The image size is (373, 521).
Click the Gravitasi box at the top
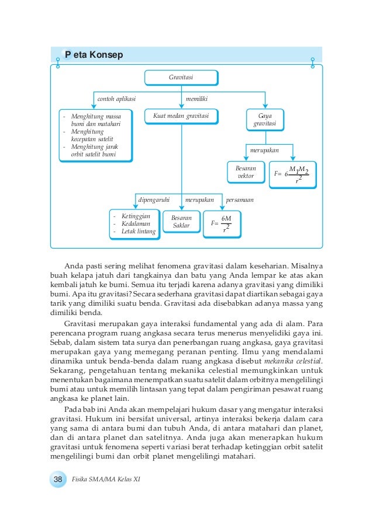coord(181,77)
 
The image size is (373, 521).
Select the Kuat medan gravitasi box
coord(181,116)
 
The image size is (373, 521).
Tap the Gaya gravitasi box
coord(265,121)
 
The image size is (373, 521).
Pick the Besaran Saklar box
coord(181,222)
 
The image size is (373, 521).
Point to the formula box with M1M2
coord(293,174)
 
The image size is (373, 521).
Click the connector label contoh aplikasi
coord(116,99)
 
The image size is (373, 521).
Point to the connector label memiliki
coord(196,99)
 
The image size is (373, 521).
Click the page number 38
coord(58,479)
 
